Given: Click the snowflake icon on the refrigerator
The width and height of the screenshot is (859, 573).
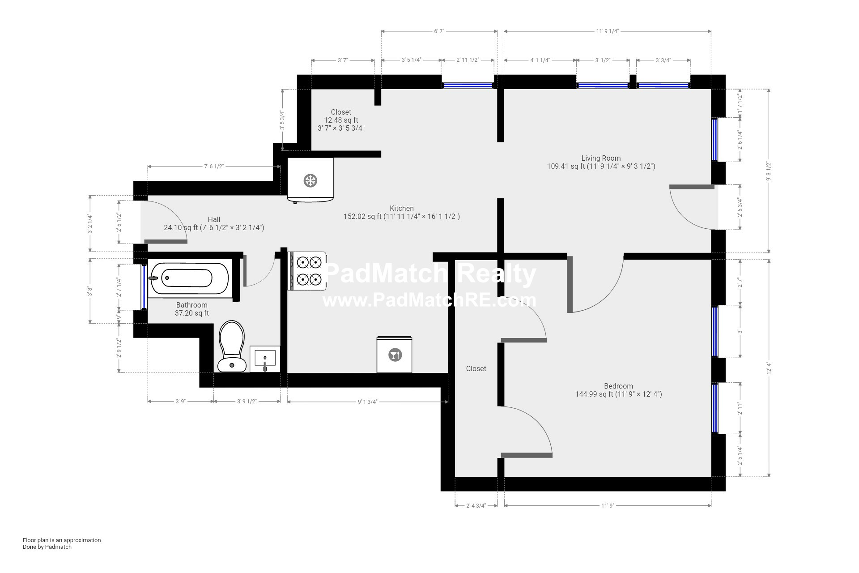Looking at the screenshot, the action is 310,181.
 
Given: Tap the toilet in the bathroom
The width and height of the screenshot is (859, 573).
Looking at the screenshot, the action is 232,346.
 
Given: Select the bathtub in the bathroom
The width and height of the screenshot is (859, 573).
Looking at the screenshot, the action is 188,278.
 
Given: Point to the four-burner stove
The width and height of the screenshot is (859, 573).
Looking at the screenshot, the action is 309,271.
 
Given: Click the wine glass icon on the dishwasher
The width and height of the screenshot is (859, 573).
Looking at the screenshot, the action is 395,355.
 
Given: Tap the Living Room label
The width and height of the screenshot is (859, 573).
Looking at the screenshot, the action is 601,158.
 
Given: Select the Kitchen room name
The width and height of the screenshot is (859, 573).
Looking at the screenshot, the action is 402,208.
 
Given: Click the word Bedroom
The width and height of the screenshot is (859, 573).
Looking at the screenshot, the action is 618,386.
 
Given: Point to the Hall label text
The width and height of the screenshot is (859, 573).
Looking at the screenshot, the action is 214,219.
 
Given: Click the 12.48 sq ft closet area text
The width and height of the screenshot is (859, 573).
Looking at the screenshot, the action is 341,120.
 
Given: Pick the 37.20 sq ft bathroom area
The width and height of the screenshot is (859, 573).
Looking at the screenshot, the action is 191,313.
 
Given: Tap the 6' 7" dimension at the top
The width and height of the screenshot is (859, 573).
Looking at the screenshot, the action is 439,31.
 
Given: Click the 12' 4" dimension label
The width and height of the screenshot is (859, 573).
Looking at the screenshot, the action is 769,368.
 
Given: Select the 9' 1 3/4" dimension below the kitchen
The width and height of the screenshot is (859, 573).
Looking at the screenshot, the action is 367,402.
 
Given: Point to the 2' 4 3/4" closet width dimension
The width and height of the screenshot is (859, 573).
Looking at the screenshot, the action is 476,506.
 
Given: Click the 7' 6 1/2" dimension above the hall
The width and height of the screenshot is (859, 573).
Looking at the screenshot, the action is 214,167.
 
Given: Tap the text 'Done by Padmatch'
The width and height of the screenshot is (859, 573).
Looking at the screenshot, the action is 47,547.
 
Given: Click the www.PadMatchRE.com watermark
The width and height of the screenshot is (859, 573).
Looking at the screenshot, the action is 429,300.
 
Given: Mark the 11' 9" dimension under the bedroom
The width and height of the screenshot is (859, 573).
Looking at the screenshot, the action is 608,506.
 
